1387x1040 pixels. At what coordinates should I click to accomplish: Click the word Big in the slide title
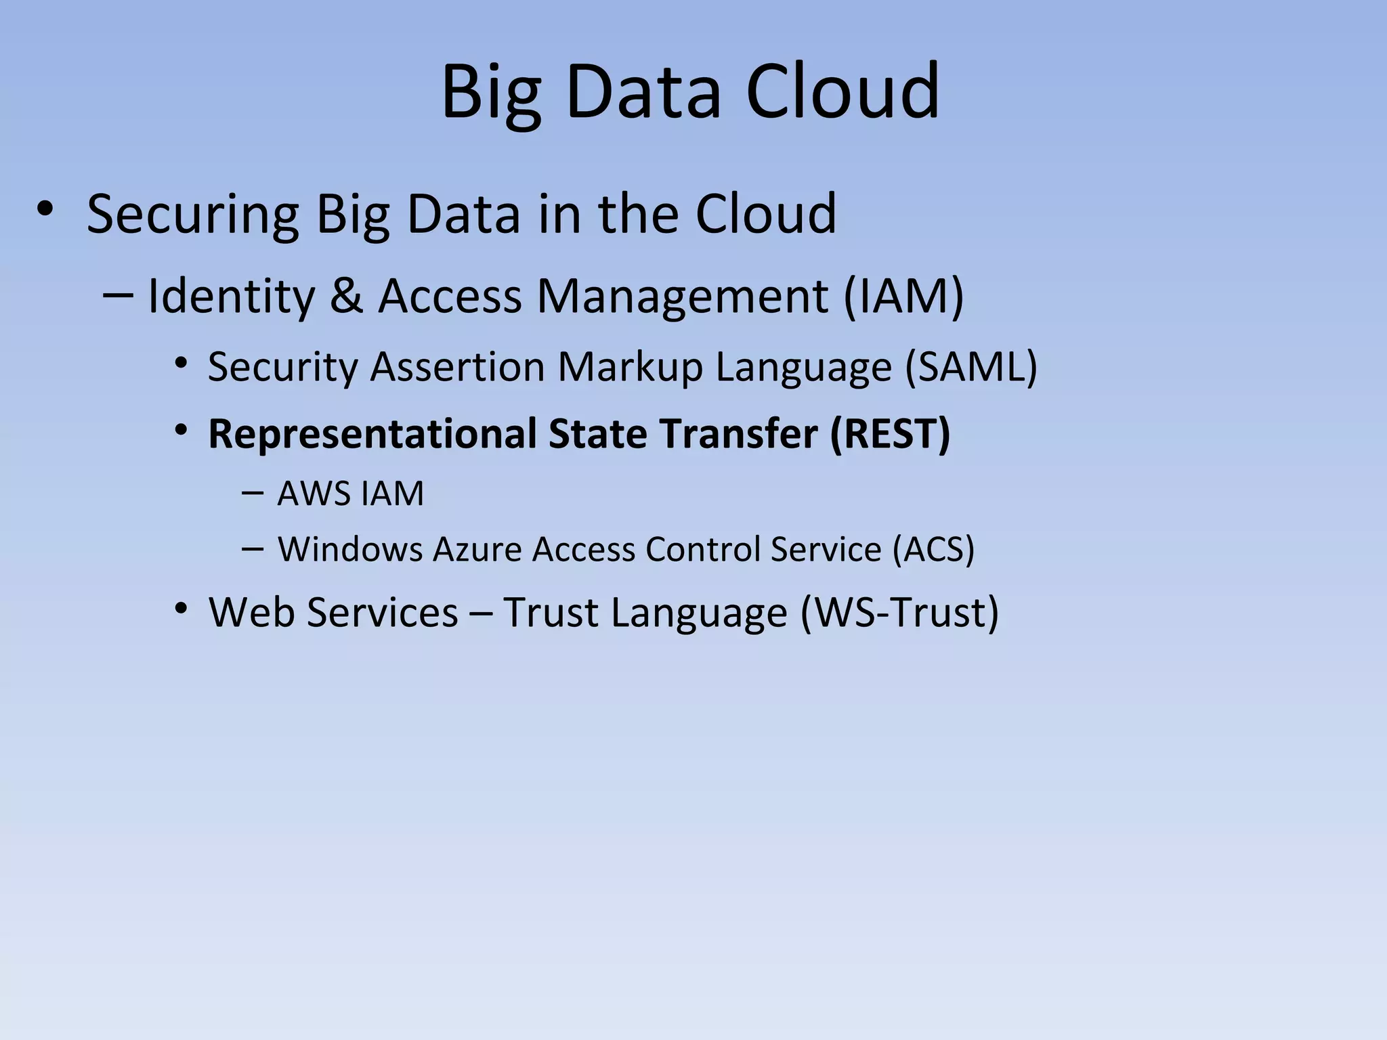point(492,93)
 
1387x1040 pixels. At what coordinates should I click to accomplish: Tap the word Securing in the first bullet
point(193,215)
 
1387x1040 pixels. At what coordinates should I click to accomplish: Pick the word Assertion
point(457,367)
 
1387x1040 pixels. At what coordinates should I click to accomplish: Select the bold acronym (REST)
point(890,433)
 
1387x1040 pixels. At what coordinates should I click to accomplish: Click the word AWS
point(312,493)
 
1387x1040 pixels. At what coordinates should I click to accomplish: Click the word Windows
point(350,548)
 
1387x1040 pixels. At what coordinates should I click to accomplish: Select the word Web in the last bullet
point(252,612)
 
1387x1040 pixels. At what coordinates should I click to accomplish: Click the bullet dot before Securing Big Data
point(45,209)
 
